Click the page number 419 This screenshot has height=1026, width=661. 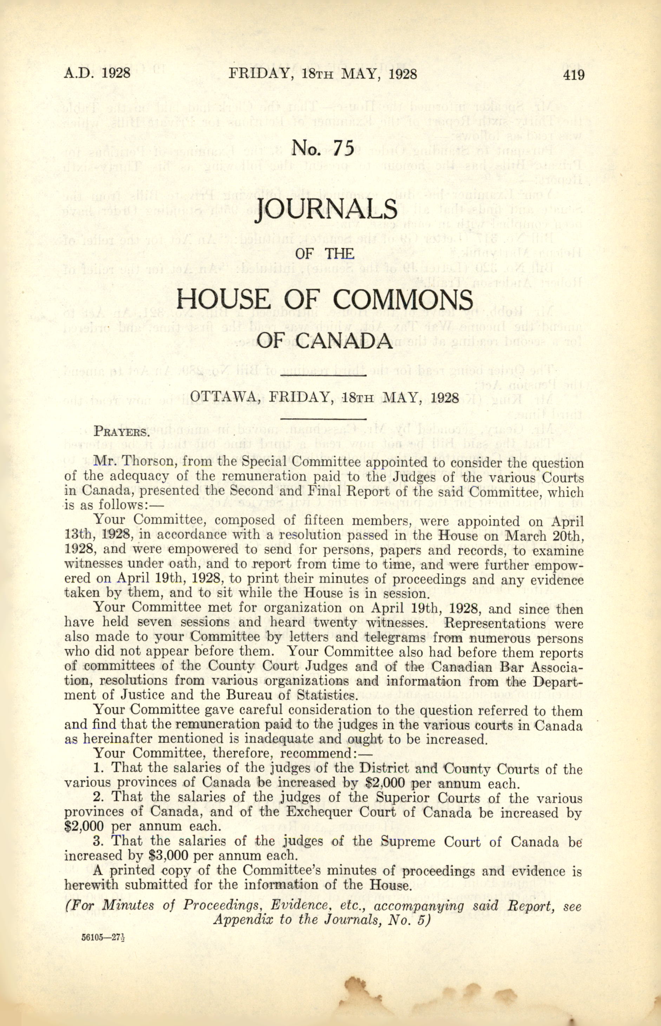574,75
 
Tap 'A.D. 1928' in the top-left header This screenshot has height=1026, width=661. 97,74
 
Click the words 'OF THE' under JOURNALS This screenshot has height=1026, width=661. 325,254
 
